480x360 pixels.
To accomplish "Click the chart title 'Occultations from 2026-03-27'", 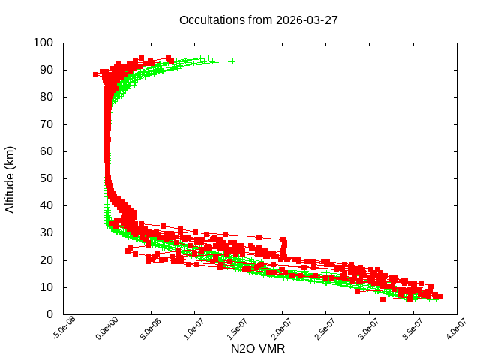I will [259, 19].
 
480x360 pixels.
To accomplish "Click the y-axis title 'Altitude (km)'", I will [10, 178].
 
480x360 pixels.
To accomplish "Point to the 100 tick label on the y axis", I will [43, 43].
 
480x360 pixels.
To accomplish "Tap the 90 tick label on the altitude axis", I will [46, 70].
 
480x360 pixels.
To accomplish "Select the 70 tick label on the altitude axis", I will [46, 124].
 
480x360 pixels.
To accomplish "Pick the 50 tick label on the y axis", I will [46, 178].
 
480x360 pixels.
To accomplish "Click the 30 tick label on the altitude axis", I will [46, 232].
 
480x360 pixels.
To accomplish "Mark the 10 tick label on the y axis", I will [46, 287].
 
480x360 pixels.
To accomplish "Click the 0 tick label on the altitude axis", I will [49, 314].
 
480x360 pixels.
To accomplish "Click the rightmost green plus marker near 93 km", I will [232, 61].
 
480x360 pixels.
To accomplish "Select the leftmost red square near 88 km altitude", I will [95, 74].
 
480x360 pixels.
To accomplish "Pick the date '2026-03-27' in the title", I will [307, 19].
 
